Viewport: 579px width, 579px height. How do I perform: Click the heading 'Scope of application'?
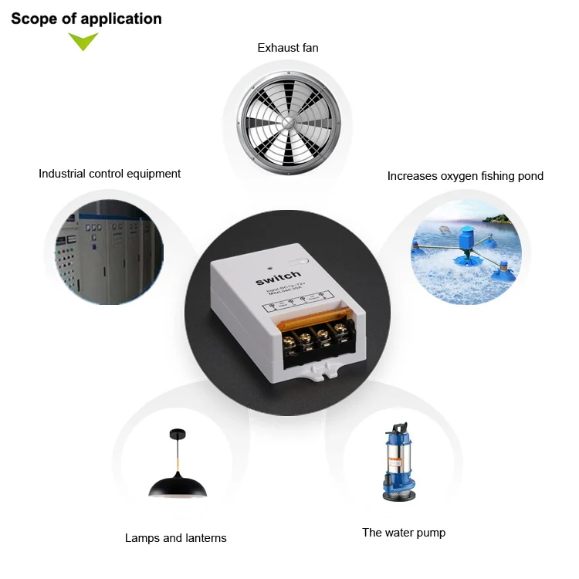(86, 19)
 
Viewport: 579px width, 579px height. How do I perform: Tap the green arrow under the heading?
(83, 42)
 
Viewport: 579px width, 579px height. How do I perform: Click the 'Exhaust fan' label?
(287, 48)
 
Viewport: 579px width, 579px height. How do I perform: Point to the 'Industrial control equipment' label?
(110, 174)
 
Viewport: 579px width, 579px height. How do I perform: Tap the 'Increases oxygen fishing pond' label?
(465, 176)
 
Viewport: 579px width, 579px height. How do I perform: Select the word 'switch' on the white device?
(278, 276)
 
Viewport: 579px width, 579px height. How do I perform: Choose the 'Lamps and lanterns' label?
(175, 538)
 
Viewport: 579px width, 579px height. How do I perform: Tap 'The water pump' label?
(404, 533)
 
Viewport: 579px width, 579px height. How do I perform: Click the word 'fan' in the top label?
(309, 48)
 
